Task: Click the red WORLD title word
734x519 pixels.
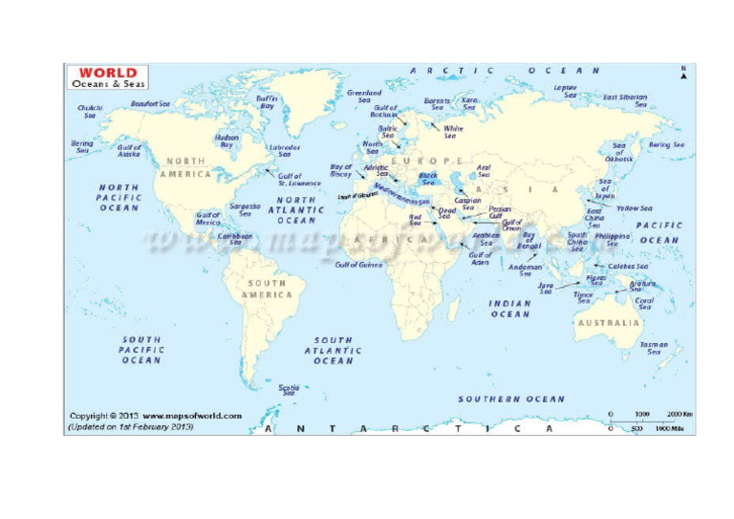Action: point(107,72)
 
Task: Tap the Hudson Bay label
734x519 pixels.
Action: point(227,141)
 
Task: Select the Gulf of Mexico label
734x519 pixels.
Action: point(208,219)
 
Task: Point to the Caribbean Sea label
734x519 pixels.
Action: point(235,238)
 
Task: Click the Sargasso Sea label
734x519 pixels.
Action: point(246,209)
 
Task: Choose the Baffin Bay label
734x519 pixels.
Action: point(267,101)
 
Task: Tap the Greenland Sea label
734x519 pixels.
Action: point(364,97)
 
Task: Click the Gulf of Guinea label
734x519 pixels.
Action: point(358,265)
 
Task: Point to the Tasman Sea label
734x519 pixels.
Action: point(654,348)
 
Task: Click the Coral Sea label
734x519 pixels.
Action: point(645,304)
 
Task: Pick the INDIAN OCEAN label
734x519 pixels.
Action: point(509,309)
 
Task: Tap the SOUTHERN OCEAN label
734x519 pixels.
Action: point(511,399)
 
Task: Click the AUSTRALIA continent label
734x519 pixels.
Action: point(608,323)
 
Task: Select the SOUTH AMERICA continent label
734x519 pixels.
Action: point(267,289)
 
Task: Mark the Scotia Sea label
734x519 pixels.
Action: point(288,389)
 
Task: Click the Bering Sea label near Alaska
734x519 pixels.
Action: point(82,146)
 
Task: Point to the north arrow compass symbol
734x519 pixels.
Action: point(683,73)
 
